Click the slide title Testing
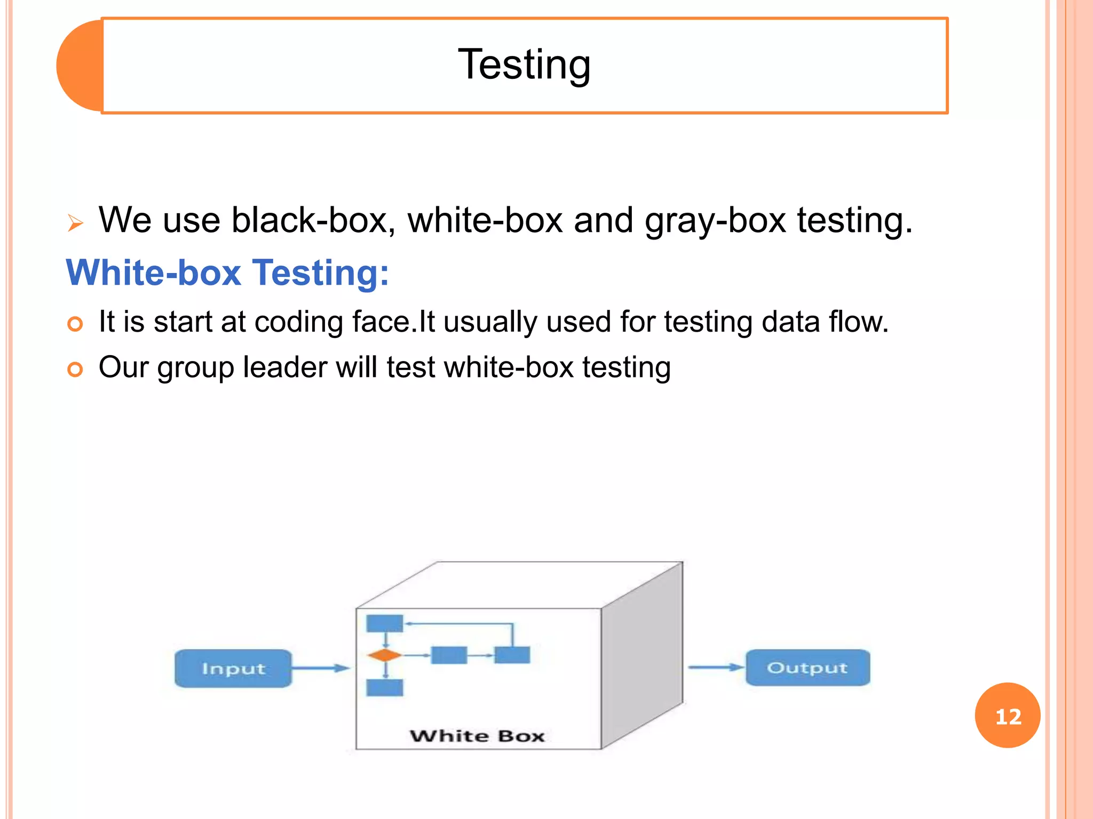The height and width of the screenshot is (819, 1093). click(524, 65)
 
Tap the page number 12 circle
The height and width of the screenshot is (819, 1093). click(1007, 715)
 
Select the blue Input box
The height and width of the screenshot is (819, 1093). click(233, 668)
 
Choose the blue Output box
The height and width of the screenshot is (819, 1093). click(807, 668)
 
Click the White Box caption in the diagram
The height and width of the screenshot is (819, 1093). click(477, 736)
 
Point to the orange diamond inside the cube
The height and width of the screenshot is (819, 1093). click(384, 655)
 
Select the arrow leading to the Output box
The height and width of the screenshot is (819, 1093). click(715, 667)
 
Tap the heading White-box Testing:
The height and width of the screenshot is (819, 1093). click(227, 272)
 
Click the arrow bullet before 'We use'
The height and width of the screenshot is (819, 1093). click(75, 223)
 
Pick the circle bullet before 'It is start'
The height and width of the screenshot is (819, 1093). click(75, 324)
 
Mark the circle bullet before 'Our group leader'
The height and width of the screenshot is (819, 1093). click(75, 369)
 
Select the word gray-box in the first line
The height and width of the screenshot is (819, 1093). click(715, 220)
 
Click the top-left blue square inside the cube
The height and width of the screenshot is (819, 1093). click(384, 623)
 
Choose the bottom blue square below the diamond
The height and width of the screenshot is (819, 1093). click(384, 687)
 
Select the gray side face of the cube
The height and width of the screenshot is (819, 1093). click(642, 656)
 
